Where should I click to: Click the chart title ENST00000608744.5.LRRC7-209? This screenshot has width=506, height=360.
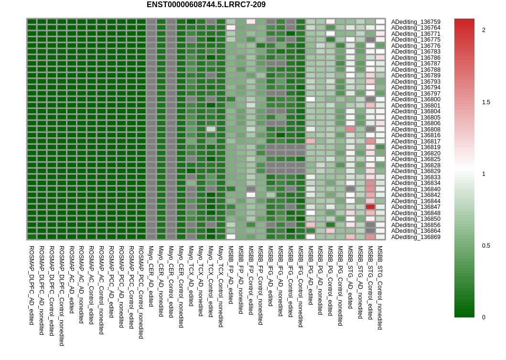(206, 5)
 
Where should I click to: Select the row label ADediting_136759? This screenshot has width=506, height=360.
(416, 22)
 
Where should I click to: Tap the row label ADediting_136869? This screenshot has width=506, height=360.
(416, 237)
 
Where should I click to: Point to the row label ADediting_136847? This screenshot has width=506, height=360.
(416, 207)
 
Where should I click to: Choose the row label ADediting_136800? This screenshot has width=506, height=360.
(416, 99)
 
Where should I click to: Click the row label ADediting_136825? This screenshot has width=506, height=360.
(416, 159)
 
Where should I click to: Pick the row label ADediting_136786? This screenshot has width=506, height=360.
(416, 57)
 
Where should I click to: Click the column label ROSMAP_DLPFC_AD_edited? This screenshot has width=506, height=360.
(32, 285)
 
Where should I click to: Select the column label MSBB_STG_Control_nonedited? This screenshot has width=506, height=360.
(380, 288)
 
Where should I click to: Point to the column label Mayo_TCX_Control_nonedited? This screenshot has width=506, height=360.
(221, 286)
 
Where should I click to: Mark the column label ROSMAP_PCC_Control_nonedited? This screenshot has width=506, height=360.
(141, 293)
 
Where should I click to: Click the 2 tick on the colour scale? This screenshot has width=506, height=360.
(484, 30)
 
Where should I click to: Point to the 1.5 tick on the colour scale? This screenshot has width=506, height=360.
(485, 102)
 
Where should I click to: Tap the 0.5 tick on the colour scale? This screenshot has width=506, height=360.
(485, 246)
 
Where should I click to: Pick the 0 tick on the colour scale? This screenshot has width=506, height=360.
(484, 317)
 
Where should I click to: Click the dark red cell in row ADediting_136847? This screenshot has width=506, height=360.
(370, 207)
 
